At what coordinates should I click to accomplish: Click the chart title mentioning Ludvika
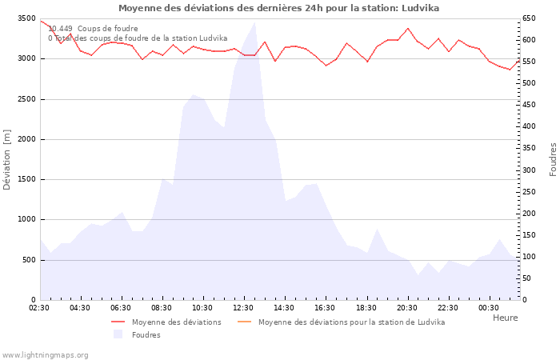(x=278, y=8)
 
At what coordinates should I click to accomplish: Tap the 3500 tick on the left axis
(x=26, y=18)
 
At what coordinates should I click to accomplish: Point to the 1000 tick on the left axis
(x=26, y=219)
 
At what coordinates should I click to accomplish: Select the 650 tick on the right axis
(x=530, y=18)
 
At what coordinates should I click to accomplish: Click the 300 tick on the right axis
(x=530, y=170)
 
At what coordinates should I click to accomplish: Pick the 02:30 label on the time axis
(x=39, y=308)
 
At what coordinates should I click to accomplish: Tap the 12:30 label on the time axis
(x=243, y=308)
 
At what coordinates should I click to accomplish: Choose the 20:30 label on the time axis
(x=406, y=308)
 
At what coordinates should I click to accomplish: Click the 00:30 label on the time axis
(x=488, y=308)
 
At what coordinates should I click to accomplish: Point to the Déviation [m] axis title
(x=7, y=159)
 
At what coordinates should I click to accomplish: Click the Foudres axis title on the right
(x=553, y=159)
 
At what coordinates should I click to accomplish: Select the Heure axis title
(x=505, y=318)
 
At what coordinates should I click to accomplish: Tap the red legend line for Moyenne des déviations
(x=118, y=322)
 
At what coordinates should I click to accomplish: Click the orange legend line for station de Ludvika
(x=245, y=322)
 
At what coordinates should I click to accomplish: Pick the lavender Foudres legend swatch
(x=118, y=334)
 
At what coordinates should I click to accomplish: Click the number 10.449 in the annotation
(x=61, y=29)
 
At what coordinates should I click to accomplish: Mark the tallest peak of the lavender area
(x=254, y=23)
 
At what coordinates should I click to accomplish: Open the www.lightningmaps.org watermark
(x=45, y=354)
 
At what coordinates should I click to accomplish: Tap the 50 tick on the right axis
(x=527, y=278)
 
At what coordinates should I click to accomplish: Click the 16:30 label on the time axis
(x=325, y=308)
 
